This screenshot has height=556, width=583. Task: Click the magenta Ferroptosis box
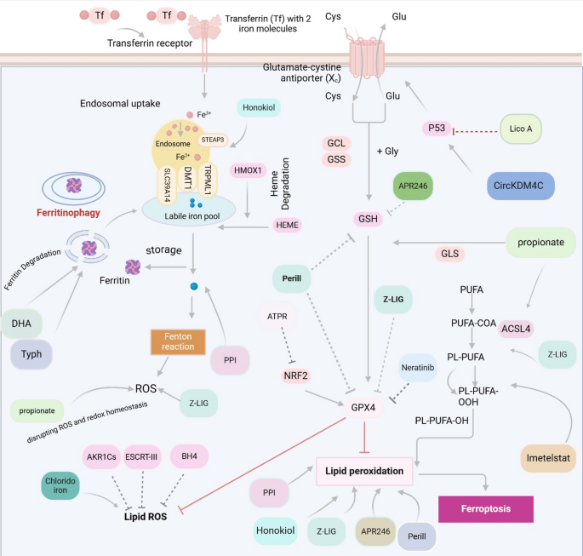486,509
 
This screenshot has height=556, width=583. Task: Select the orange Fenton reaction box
178,341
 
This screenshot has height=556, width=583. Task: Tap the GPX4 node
363,408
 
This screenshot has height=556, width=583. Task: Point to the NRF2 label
295,375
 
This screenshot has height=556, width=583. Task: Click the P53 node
437,129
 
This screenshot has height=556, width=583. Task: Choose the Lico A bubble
521,129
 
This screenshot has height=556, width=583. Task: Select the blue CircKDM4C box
521,186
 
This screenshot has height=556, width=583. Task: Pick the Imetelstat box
548,458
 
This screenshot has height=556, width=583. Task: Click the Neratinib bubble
418,368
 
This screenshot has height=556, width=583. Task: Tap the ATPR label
277,317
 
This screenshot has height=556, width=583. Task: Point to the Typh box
31,354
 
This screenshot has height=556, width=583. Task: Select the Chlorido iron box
60,485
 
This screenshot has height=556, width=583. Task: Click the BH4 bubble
189,456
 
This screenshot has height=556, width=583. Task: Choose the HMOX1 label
248,170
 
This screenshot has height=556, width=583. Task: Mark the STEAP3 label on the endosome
212,140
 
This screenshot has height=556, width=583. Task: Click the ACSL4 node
516,329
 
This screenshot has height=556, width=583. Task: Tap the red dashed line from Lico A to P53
475,131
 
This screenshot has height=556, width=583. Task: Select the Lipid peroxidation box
364,471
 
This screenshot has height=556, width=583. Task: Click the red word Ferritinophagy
68,213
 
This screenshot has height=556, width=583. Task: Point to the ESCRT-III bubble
141,456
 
